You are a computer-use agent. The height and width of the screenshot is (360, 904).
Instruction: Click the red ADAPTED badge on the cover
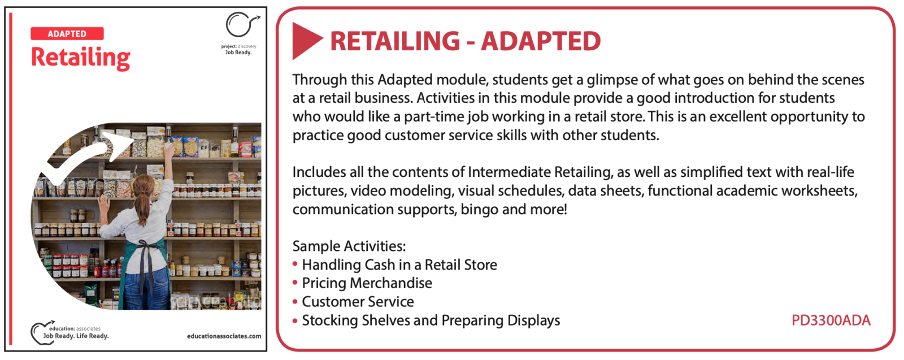pos(67,33)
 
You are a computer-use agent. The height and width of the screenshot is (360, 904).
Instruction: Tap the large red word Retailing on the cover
pos(81,58)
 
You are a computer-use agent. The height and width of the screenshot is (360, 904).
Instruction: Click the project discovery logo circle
pos(238,25)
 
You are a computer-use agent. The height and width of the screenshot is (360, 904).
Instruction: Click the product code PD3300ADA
pos(831,320)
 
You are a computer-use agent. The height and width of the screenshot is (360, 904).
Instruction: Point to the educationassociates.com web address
pos(224,336)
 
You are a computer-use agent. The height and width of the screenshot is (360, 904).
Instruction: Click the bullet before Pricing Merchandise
pos(295,283)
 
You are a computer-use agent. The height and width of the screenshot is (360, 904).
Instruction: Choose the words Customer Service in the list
pos(358,302)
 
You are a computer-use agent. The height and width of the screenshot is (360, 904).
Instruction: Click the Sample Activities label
pos(349,246)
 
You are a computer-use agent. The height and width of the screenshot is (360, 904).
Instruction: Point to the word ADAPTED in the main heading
pos(541,41)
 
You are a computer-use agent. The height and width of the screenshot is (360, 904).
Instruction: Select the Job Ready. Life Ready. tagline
pos(76,336)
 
